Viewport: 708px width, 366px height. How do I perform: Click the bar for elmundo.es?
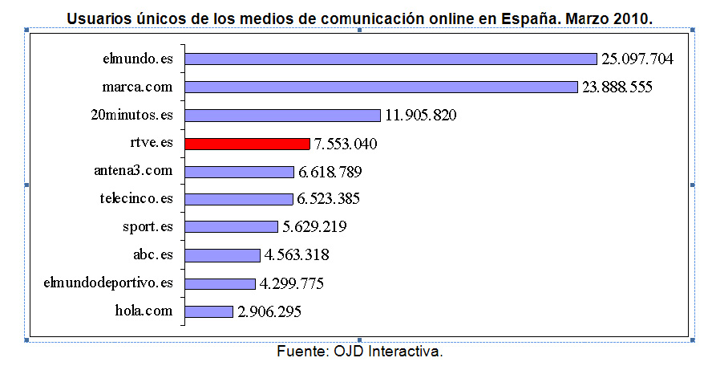coord(390,59)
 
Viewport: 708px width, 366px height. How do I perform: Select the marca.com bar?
coord(381,87)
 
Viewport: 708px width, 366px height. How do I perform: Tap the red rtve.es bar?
coord(247,144)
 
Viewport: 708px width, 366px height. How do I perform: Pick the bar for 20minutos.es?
coord(282,115)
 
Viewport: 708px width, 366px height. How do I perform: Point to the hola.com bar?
coord(208,311)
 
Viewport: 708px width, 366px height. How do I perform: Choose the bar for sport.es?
coord(231,227)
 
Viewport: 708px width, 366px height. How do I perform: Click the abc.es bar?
coord(222,255)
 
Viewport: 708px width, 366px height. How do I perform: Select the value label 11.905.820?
coord(421,115)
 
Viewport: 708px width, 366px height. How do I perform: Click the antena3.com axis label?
coord(133,171)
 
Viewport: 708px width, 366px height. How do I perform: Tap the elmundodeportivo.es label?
coord(108,283)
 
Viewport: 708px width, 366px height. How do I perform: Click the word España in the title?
coord(534,17)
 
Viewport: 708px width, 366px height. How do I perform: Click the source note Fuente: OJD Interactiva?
coord(360,352)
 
